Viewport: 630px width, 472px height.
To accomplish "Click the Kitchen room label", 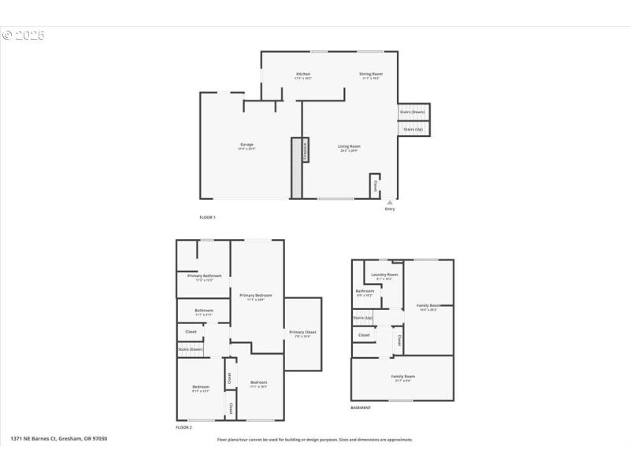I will pos(303,75).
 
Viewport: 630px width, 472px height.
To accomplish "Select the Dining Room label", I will pos(371,75).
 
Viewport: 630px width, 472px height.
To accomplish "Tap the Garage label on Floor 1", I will pos(246,145).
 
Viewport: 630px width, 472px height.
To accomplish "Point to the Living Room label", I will pos(349,147).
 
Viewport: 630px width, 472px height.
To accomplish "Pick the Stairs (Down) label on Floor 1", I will pos(413,112).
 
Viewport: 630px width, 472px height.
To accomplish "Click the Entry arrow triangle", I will pos(389,202).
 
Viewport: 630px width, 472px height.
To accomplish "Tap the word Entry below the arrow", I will pos(390,209).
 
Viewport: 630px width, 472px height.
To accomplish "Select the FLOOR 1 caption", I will pos(207,217).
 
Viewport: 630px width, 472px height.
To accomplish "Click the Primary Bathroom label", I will pos(204,276).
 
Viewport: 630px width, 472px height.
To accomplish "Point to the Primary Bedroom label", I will pos(256,296).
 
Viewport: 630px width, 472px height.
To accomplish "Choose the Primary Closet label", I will pos(302,333).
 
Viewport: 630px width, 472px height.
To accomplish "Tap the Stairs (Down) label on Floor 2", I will pos(191,349).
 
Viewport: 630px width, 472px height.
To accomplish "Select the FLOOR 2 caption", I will pos(183,427).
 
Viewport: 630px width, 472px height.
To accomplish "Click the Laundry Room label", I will pos(385,275).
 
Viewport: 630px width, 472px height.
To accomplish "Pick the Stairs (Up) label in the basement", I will pos(363,319).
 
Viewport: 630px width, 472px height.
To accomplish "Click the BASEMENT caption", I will pos(361,407).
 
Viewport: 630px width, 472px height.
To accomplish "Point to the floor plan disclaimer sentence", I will pos(314,440).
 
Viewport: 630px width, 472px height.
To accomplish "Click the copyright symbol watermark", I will pos(8,35).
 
